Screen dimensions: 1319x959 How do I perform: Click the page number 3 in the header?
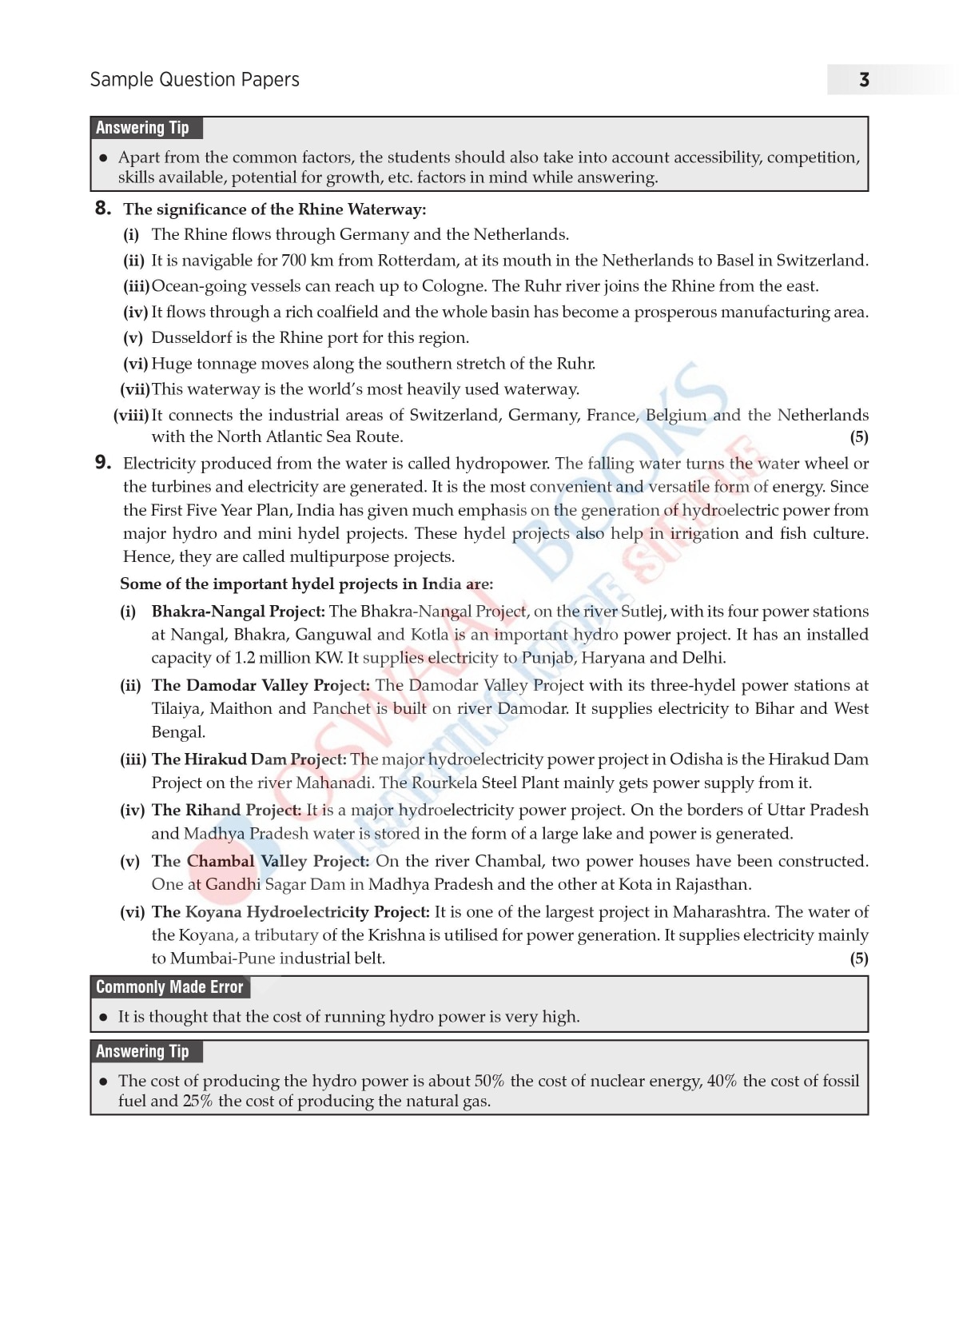864,80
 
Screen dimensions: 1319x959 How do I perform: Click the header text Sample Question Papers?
194,80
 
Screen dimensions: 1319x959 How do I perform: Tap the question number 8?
102,209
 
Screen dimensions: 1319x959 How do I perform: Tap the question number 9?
102,462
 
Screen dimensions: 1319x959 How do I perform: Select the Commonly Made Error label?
169,987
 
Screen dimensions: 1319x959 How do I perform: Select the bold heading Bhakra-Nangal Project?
238,612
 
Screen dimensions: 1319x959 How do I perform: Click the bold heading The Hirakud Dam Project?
249,759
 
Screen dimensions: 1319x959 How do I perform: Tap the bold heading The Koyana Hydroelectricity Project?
291,912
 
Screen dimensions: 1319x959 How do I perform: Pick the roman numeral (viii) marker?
131,415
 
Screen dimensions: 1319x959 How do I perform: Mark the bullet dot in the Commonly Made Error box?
103,1018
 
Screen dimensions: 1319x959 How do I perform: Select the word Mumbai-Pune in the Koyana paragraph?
211,958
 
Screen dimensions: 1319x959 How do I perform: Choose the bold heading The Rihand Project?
226,810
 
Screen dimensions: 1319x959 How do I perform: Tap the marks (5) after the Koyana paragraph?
858,958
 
